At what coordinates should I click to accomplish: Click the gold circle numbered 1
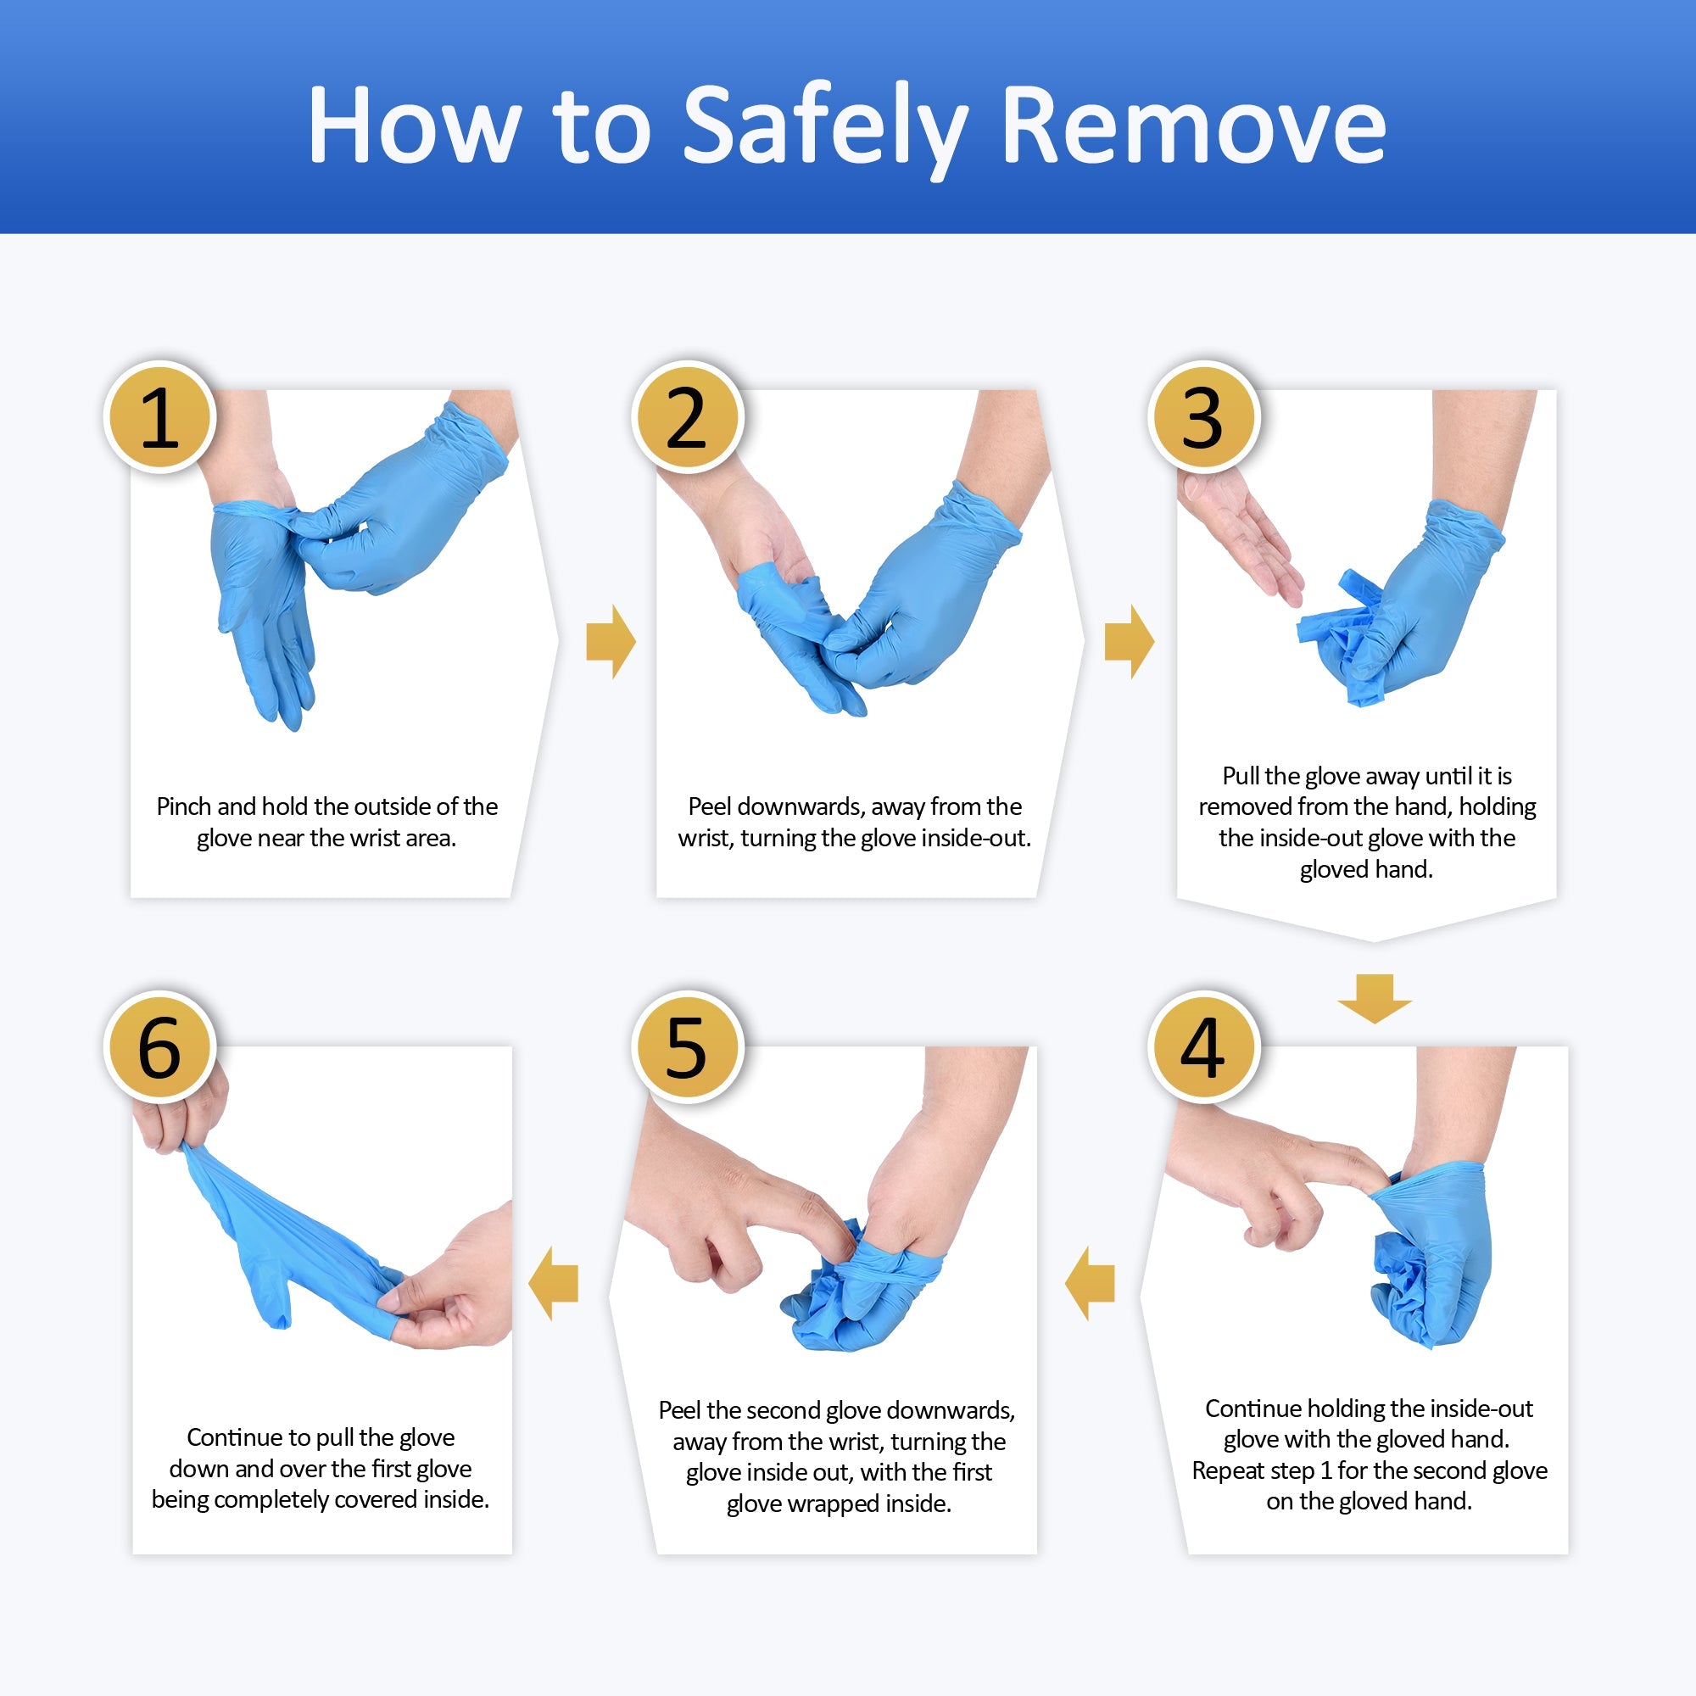[159, 417]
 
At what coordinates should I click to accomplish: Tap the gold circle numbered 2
[687, 417]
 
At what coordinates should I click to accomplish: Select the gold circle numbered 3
[1202, 417]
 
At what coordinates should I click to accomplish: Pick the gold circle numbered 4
[1202, 1046]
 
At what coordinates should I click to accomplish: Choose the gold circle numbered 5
[687, 1046]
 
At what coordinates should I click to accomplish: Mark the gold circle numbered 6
[159, 1046]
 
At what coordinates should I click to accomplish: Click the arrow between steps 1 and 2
[610, 642]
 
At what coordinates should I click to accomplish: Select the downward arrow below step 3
[1374, 998]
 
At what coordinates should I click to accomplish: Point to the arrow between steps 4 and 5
[1091, 1283]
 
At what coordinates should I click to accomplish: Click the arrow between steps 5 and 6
[554, 1283]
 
